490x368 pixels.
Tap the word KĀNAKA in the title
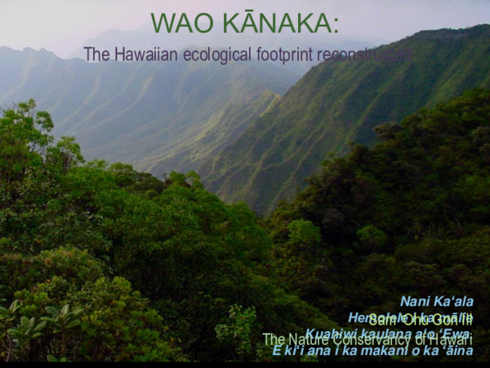click(x=273, y=24)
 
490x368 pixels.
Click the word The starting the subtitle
click(x=96, y=55)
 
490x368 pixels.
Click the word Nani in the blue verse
click(x=415, y=301)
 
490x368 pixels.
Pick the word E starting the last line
click(x=277, y=350)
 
